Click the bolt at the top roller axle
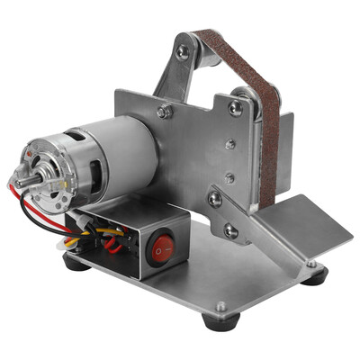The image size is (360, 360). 184,52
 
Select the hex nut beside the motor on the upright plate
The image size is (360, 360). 165,112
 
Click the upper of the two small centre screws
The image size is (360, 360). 229,143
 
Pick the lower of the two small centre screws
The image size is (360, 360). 229,176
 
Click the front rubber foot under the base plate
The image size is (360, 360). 217,320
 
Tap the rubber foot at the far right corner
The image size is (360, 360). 314,275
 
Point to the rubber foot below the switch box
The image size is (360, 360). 76,264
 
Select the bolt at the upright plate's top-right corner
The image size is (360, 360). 236,108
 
